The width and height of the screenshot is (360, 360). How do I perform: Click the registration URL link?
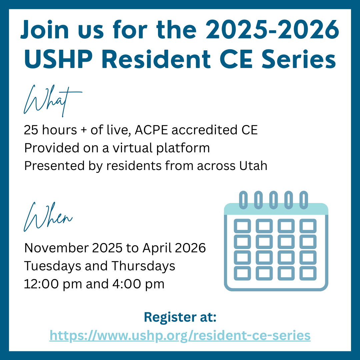[180, 336]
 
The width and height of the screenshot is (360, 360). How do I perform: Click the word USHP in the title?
[58, 59]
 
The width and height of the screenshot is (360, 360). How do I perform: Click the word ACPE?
[152, 130]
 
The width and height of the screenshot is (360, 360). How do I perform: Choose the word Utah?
[253, 166]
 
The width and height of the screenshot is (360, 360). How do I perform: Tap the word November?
[56, 248]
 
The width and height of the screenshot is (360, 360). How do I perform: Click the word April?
[157, 248]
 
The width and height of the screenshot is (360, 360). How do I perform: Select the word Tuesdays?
[53, 266]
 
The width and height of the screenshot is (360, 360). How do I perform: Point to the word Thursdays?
[143, 266]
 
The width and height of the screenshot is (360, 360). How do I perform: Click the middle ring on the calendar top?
[273, 200]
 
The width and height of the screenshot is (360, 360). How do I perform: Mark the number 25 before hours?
[31, 130]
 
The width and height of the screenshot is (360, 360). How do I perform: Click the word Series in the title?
[299, 59]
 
